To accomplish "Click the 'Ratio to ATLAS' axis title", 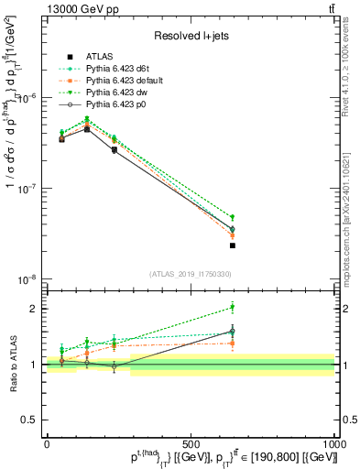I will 12,364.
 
